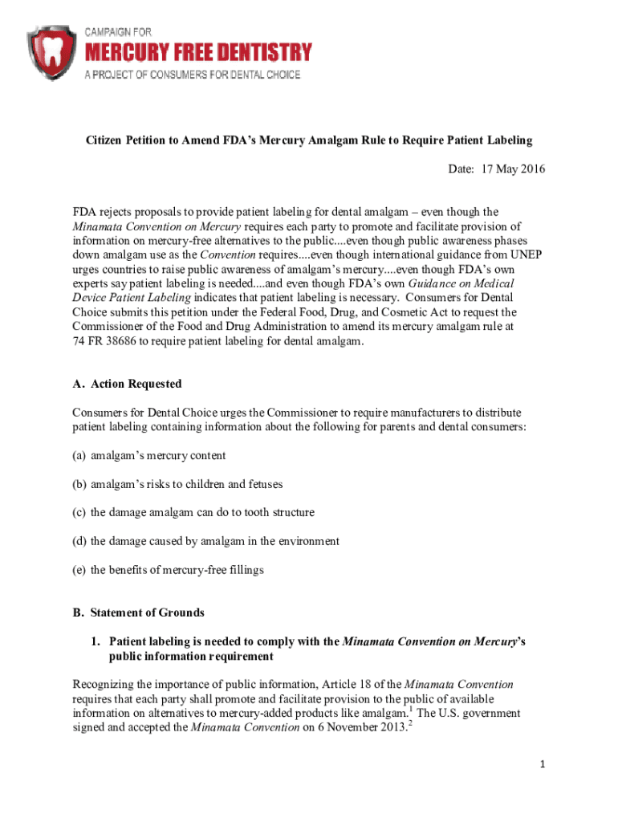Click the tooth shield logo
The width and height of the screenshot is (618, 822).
click(52, 51)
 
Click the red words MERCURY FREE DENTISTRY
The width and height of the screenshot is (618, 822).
click(199, 53)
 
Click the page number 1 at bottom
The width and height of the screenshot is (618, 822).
click(542, 764)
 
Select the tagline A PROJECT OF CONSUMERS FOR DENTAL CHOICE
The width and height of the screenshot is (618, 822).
click(193, 75)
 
